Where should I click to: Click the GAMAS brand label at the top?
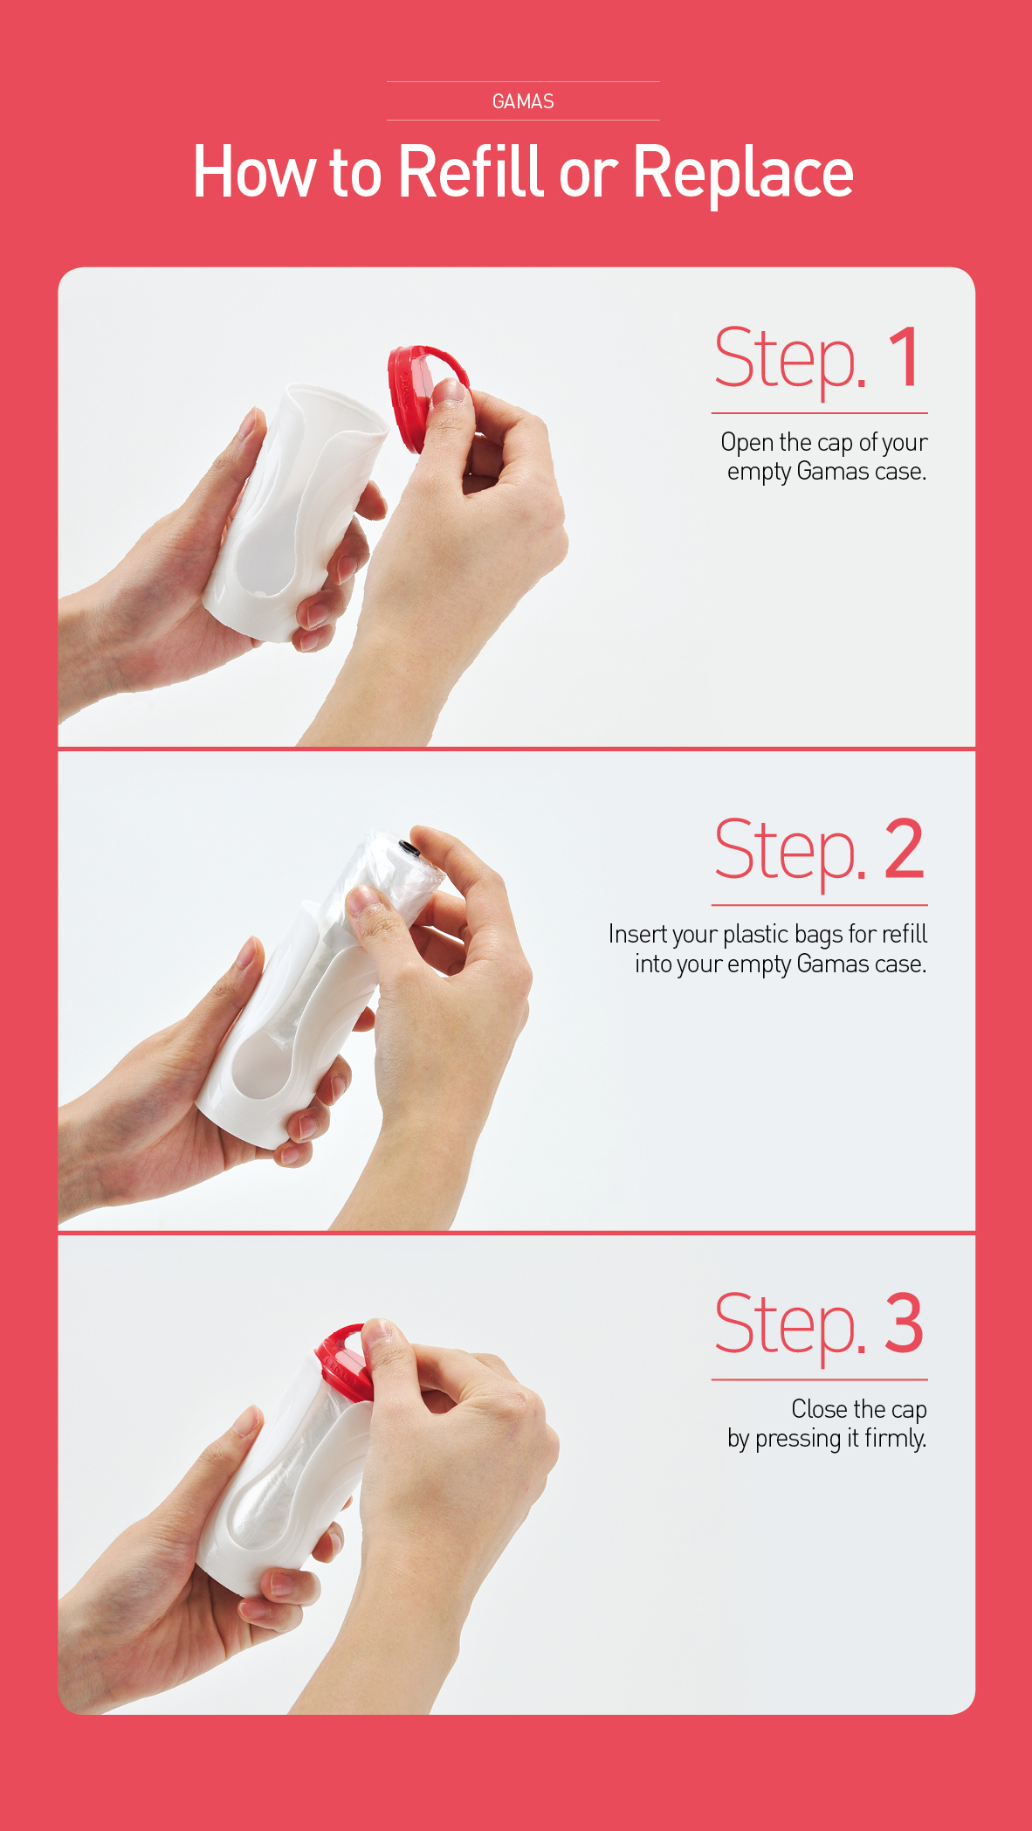click(x=523, y=101)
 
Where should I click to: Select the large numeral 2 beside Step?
click(x=904, y=849)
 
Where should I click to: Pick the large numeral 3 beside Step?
click(x=904, y=1323)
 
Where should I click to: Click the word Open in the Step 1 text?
click(x=747, y=443)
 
